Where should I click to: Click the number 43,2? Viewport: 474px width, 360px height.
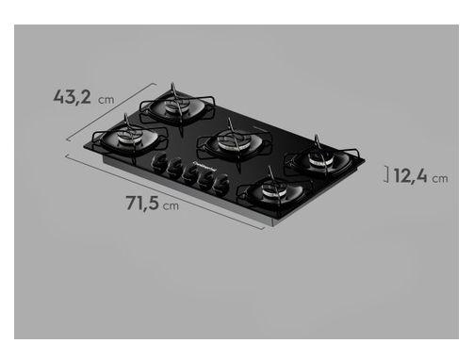pyautogui.click(x=73, y=96)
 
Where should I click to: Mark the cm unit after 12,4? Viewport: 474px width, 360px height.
pyautogui.click(x=440, y=176)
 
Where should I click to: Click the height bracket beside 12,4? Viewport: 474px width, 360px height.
pyautogui.click(x=387, y=173)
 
